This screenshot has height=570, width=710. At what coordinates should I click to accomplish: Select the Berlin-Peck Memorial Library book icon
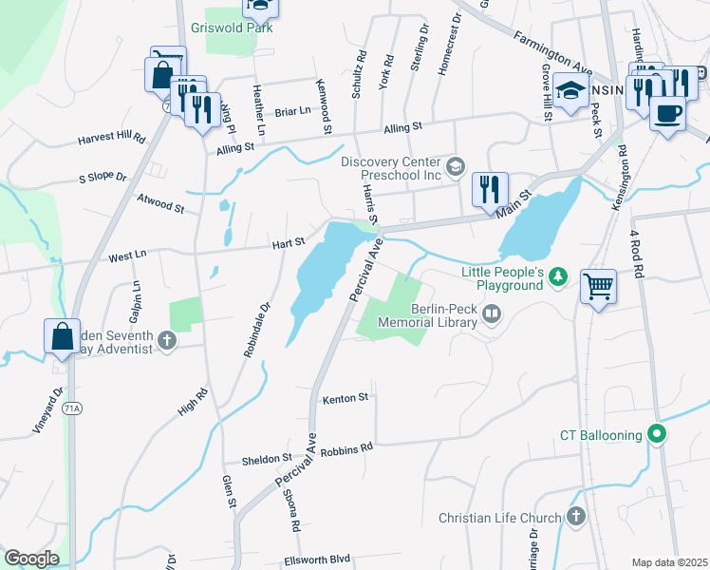coord(492,314)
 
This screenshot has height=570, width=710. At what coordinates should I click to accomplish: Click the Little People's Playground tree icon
coord(560,275)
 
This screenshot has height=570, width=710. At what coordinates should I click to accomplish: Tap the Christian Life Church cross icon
coord(574,517)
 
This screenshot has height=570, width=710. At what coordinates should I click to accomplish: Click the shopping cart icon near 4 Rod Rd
coord(599,284)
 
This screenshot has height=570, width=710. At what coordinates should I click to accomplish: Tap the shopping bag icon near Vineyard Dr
coord(62,335)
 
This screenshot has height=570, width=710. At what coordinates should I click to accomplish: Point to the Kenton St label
coord(345,399)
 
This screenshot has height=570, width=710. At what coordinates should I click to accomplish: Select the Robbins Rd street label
coord(347,446)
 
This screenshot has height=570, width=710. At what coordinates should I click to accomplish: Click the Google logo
coord(31,559)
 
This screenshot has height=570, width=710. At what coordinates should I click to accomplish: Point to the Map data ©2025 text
coord(669,562)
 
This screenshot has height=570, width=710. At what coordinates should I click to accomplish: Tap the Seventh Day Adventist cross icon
coord(167,340)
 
